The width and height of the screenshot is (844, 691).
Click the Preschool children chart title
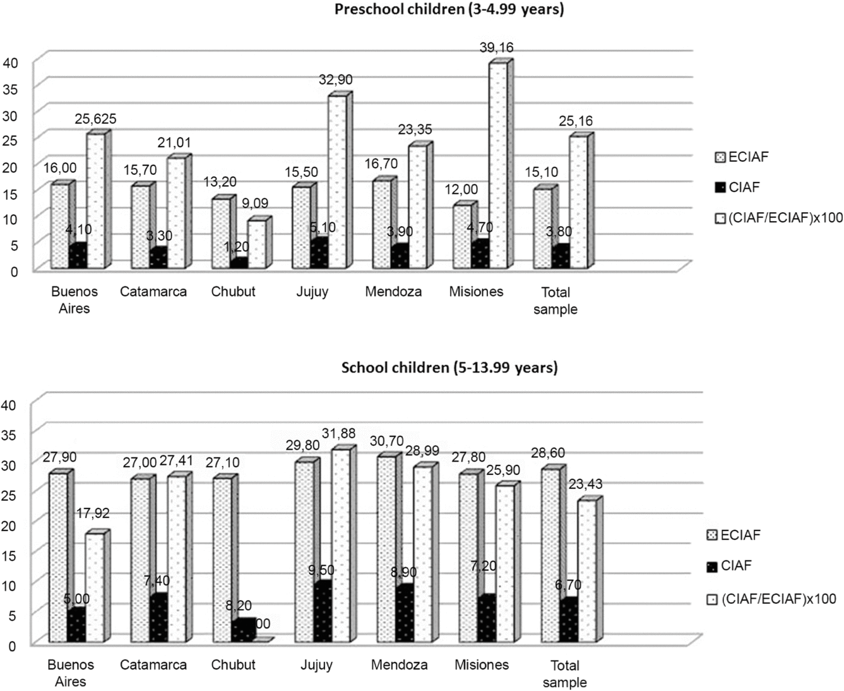click(x=449, y=9)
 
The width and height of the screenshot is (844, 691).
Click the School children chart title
click(x=449, y=368)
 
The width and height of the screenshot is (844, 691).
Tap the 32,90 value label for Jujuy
click(x=335, y=80)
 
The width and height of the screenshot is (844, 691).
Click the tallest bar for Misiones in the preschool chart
click(x=496, y=164)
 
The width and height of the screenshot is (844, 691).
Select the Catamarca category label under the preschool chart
click(x=153, y=292)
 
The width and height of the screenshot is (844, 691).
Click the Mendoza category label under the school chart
click(x=399, y=664)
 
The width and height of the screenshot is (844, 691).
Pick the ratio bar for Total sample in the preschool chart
click(x=578, y=202)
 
